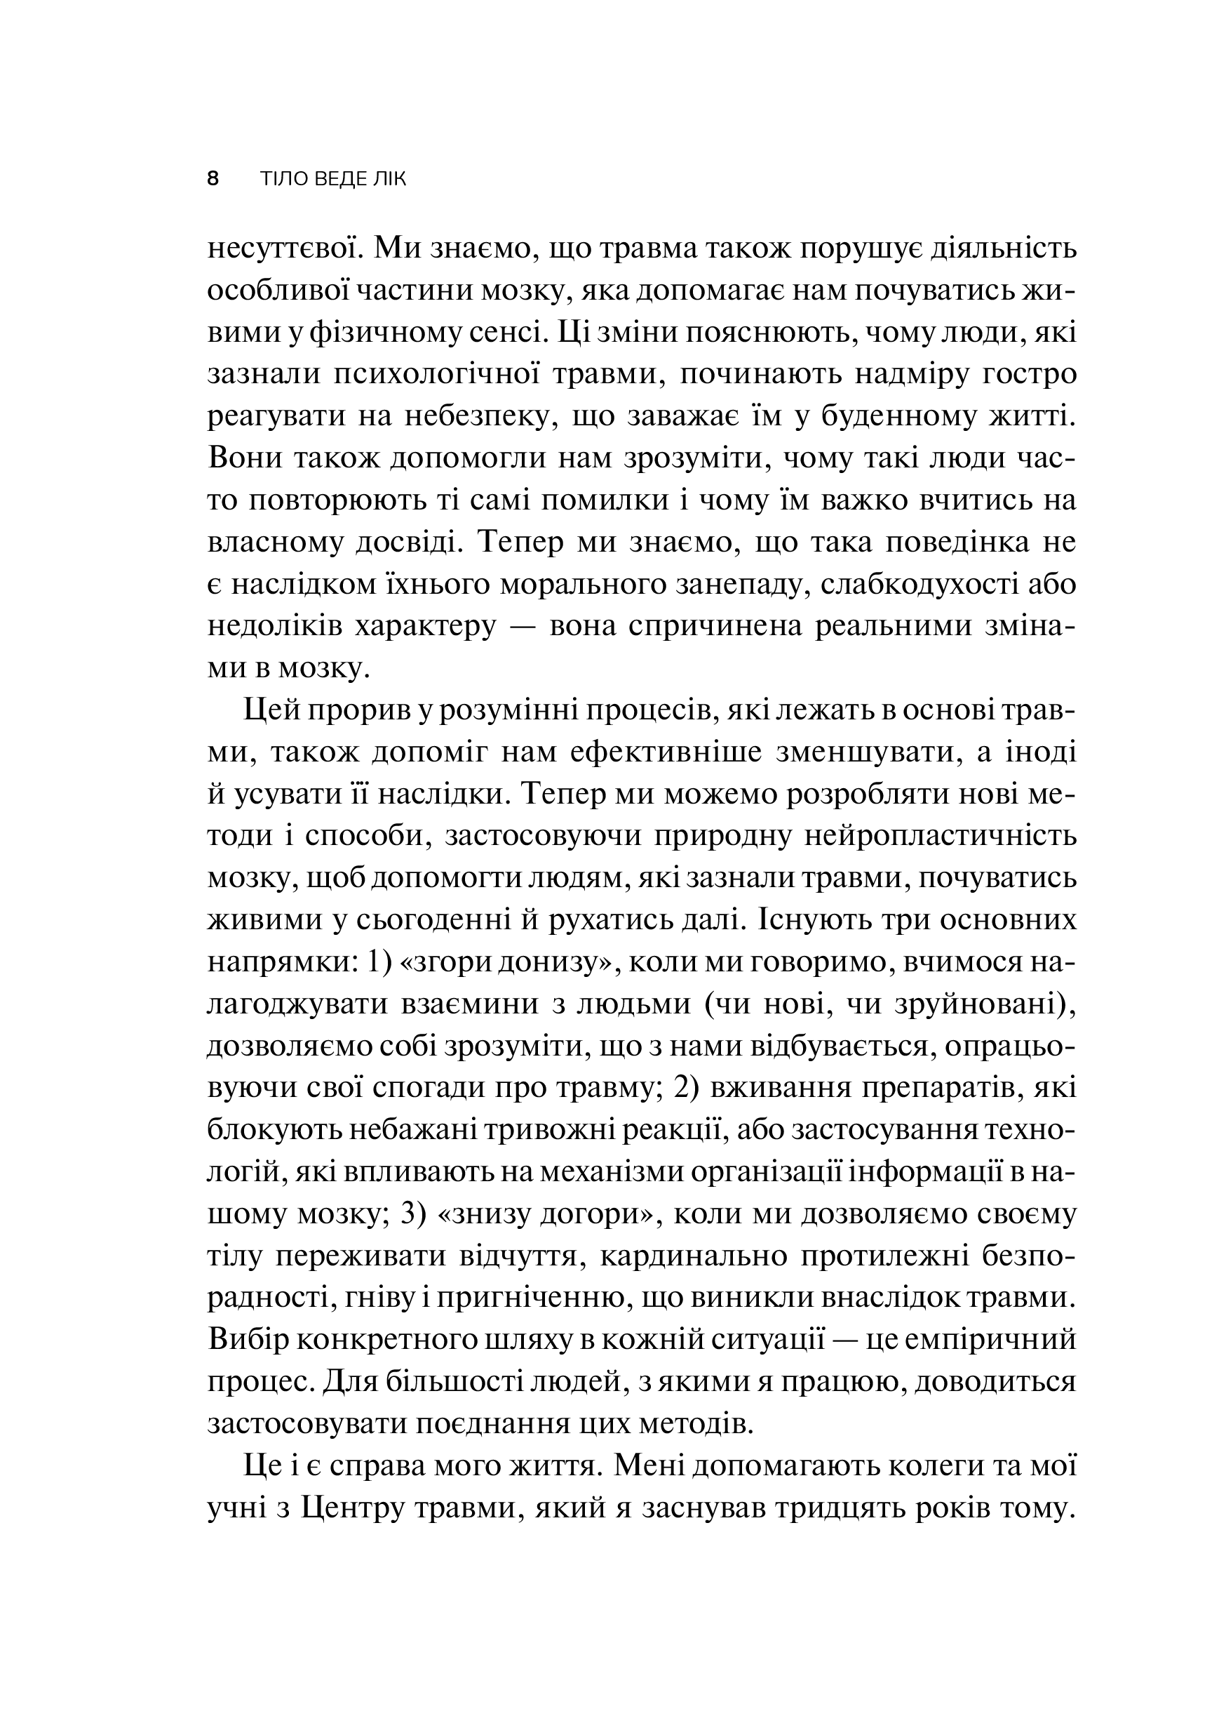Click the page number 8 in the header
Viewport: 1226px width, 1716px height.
213,179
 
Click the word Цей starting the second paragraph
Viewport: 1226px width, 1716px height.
271,712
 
